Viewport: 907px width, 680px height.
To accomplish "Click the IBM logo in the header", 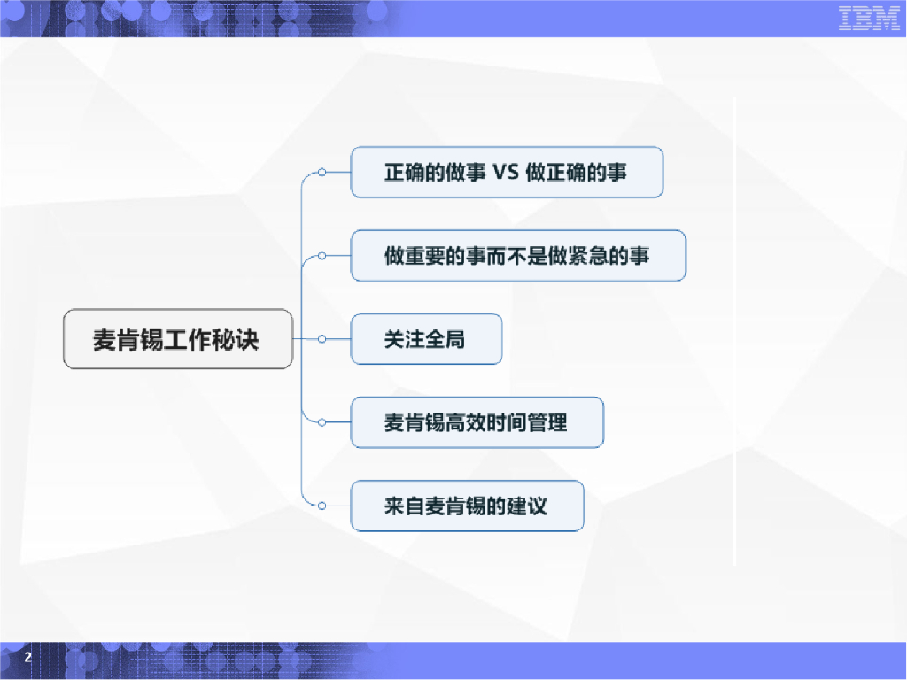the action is pos(869,19).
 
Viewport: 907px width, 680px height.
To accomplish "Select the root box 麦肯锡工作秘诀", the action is pos(177,339).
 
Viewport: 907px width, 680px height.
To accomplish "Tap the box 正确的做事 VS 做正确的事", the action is pos(507,172).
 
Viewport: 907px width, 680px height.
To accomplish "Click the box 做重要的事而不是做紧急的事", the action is pos(518,256).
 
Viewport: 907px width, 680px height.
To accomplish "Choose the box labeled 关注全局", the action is pos(426,339).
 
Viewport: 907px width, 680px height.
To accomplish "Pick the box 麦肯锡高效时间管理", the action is pos(477,423).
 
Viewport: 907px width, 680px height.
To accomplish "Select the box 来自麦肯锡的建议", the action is pos(467,506).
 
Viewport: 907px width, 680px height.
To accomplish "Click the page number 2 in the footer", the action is pos(27,658).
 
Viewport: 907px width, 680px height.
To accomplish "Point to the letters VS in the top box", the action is pos(504,172).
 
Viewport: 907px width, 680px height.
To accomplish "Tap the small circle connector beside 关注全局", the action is pos(322,339).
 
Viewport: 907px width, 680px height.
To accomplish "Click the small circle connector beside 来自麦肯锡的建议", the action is pos(322,506).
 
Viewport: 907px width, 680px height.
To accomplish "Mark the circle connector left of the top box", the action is pos(322,172).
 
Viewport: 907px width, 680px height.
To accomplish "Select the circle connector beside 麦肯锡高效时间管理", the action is pos(322,422).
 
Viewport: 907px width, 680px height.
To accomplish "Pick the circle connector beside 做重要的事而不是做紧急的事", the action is pos(322,256).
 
